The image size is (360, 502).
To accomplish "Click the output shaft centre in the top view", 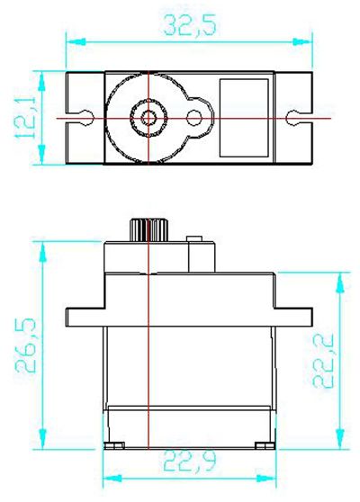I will click(x=146, y=117).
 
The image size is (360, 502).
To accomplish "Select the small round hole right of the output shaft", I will click(x=195, y=117).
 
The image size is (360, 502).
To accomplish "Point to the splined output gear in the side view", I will click(x=145, y=229).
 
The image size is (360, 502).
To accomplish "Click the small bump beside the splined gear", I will click(x=191, y=239).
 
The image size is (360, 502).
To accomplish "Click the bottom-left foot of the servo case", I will click(x=115, y=445).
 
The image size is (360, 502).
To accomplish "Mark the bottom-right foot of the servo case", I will click(x=261, y=445).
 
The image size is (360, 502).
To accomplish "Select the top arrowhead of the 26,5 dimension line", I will click(x=39, y=246).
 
